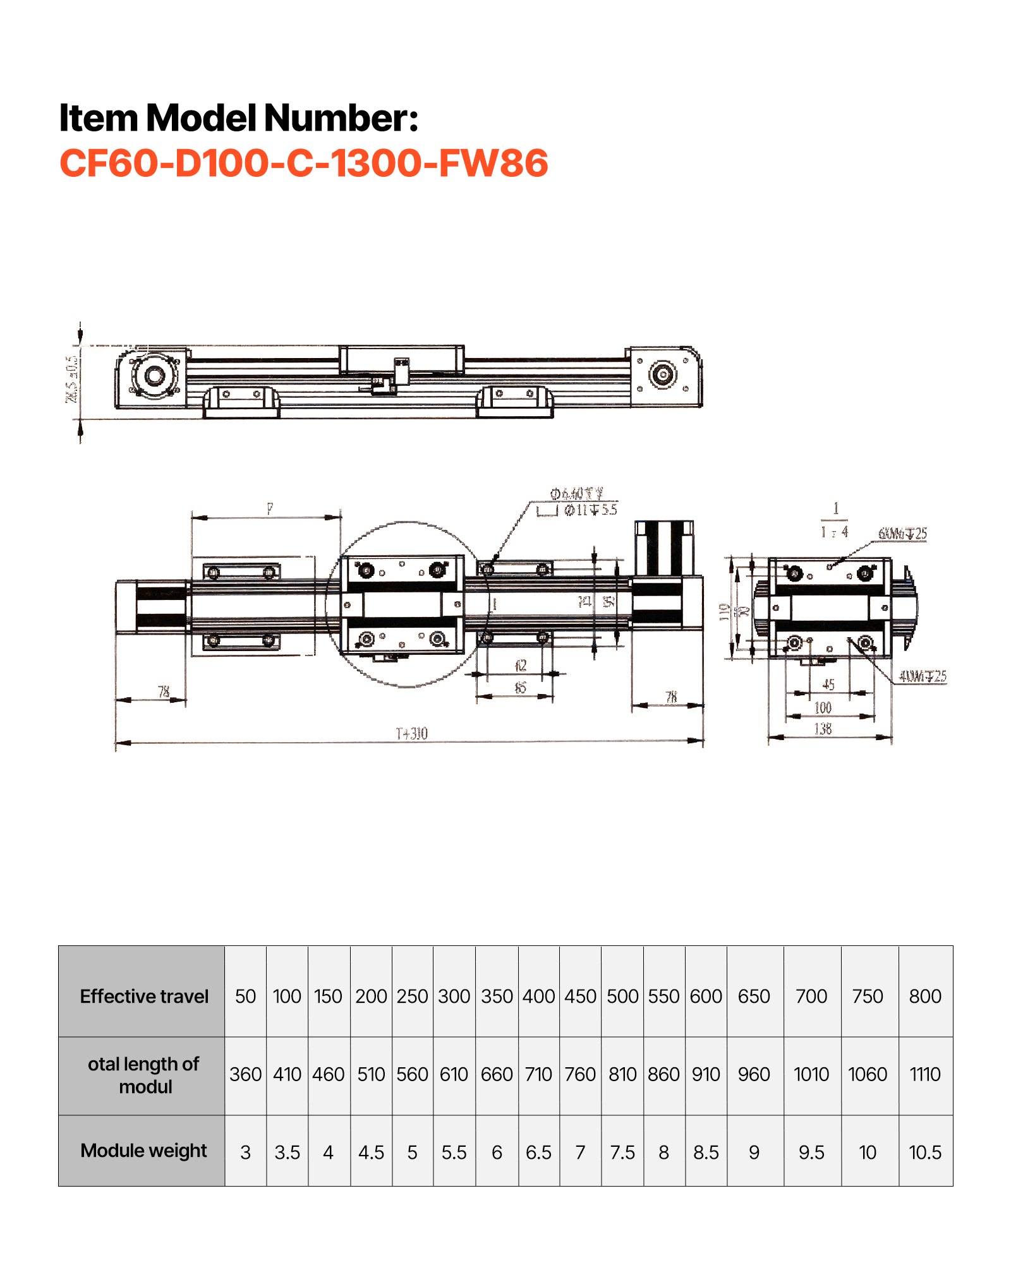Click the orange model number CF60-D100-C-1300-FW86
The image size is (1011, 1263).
pos(303,163)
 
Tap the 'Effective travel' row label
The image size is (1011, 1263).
pos(143,996)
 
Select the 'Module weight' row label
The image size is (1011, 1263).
pos(143,1150)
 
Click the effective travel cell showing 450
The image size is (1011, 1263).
pos(580,996)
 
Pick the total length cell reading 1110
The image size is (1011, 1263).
pos(924,1074)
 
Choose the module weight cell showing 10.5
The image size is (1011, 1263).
pos(924,1152)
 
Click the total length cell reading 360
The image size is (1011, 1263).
pos(245,1074)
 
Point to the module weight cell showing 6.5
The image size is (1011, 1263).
pos(538,1152)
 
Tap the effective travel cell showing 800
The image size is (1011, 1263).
pos(924,996)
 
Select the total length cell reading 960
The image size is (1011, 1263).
pos(754,1074)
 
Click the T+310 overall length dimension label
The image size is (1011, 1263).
pos(411,733)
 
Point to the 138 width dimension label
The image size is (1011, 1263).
pos(823,729)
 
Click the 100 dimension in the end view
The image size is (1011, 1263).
pos(823,707)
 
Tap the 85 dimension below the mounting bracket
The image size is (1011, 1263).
pos(520,687)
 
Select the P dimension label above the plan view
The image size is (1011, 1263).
pos(270,508)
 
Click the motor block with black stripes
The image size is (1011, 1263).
pos(663,547)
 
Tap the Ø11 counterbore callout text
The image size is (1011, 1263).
pos(590,510)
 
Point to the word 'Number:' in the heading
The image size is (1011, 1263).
pos(341,118)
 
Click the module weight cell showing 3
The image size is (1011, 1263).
pos(245,1152)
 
